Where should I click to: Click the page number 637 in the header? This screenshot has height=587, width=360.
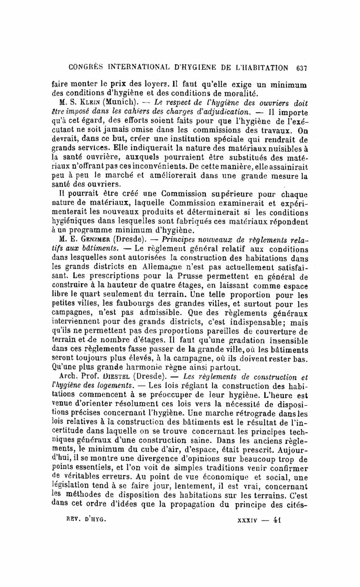(x=299, y=68)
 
